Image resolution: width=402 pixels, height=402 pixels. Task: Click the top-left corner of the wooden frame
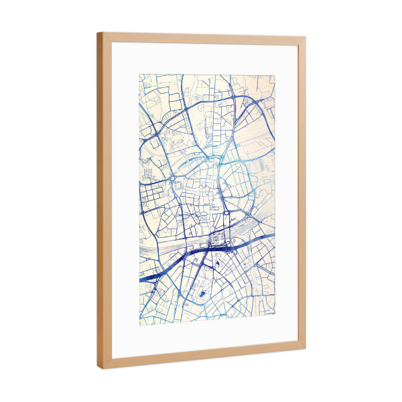98,32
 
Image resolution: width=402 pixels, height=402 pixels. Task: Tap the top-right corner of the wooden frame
306,38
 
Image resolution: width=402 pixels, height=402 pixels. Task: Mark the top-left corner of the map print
139,74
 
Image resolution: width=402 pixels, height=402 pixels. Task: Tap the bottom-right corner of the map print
275,314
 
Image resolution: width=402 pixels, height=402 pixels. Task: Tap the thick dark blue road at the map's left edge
154,274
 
